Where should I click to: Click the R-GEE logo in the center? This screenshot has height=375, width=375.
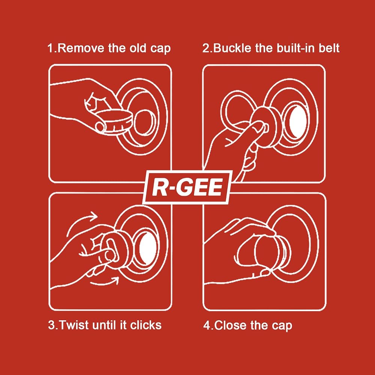pos(187,187)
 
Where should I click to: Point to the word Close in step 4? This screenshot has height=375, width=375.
pos(231,325)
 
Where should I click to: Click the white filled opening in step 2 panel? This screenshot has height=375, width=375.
pos(298,121)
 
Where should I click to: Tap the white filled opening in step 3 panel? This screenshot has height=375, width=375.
pos(147,248)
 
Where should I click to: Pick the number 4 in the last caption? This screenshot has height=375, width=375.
pos(206,325)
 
